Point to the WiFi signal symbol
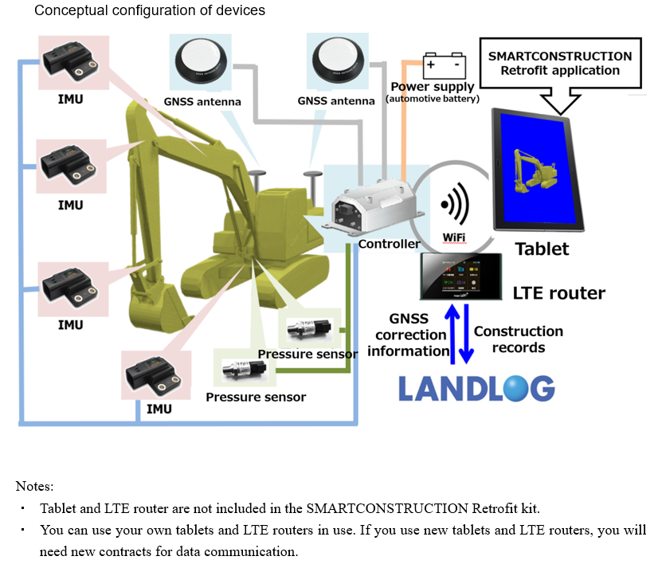tap(453, 206)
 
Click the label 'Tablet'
tap(542, 249)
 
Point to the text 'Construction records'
tap(519, 339)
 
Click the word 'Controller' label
tap(389, 244)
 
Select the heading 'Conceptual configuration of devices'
tap(150, 11)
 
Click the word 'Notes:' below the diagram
tap(34, 485)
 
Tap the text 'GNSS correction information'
tap(409, 335)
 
